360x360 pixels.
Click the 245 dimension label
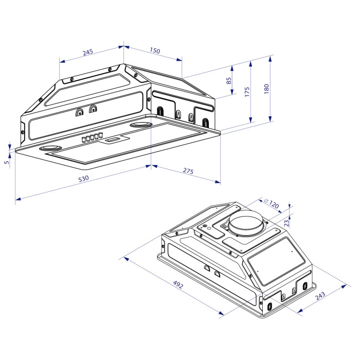(x=88, y=52)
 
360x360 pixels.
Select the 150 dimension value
(x=155, y=50)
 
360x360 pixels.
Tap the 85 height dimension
(x=229, y=81)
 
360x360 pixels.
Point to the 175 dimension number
(x=247, y=92)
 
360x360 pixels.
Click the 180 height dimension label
(x=266, y=89)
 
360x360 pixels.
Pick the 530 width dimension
(x=83, y=178)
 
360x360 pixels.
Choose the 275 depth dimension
(x=188, y=171)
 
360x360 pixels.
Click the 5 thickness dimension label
(x=7, y=162)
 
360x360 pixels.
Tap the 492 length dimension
(x=178, y=285)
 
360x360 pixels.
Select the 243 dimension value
(x=320, y=296)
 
